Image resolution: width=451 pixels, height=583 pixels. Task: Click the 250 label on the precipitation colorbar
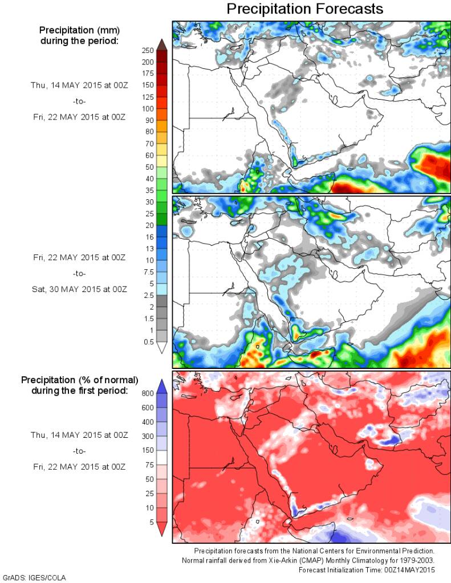pos(148,50)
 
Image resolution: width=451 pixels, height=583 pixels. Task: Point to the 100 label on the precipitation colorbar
pos(148,108)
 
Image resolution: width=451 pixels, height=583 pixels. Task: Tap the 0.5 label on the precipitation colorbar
pos(148,342)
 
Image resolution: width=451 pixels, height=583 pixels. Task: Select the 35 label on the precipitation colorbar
pos(148,190)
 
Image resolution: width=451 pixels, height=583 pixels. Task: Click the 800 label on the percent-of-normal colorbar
pos(148,393)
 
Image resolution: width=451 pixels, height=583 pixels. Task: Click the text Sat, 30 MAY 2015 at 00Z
pos(79,289)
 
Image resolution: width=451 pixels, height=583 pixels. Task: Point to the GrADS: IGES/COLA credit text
pos(34,578)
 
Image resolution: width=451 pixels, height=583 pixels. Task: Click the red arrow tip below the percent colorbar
pos(161,531)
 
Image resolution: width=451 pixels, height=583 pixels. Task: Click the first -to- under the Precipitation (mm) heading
pos(79,101)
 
